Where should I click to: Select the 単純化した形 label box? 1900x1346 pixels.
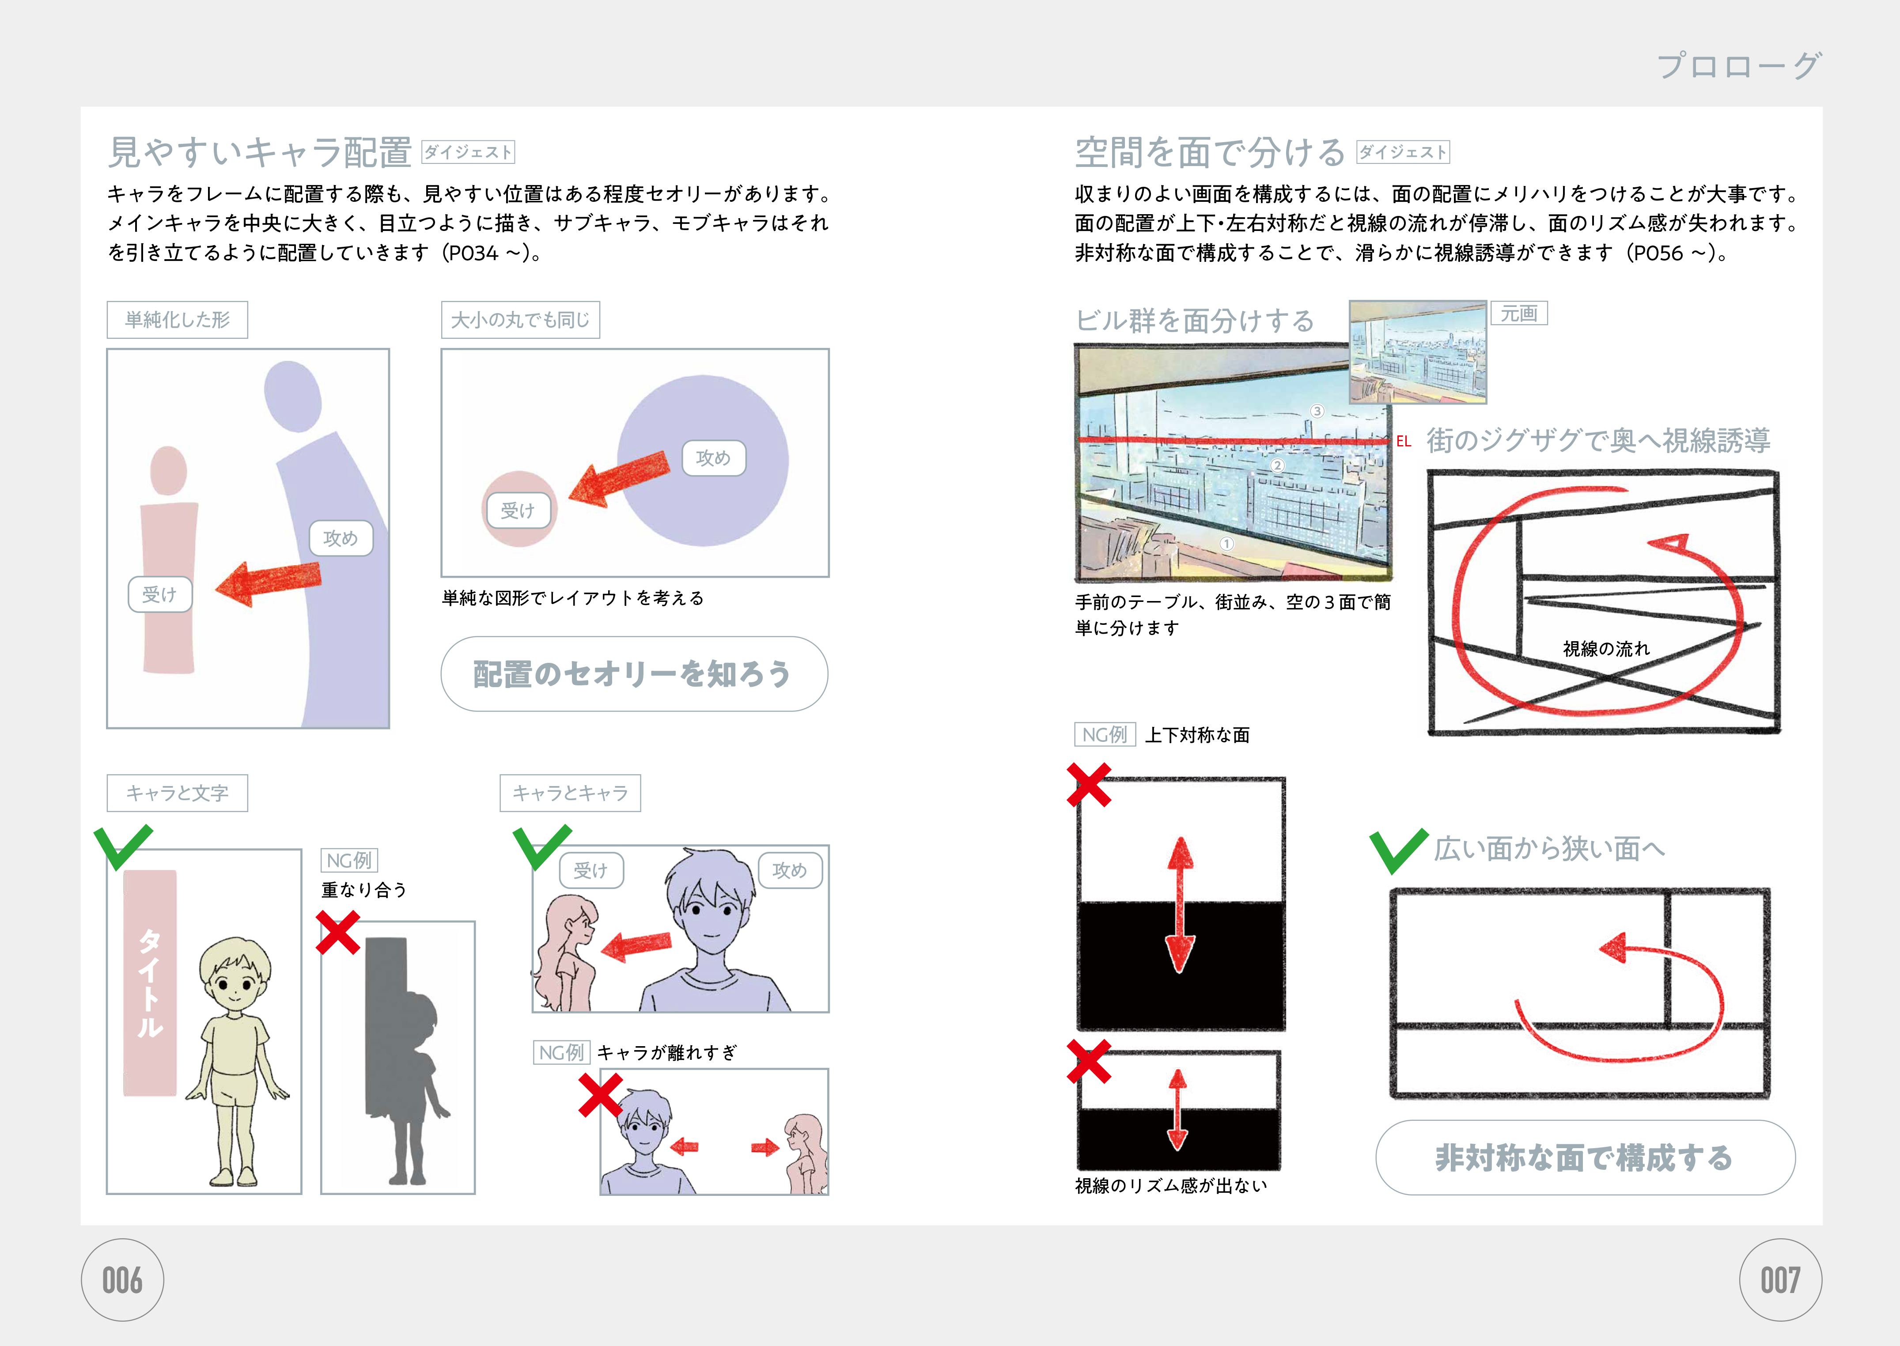click(x=178, y=320)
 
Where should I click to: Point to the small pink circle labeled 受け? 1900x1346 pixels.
click(x=520, y=509)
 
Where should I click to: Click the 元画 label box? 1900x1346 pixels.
click(x=1519, y=313)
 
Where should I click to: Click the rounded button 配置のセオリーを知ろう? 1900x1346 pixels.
click(x=634, y=674)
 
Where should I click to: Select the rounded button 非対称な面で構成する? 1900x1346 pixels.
click(x=1585, y=1158)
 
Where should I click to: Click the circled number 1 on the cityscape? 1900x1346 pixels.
click(x=1227, y=544)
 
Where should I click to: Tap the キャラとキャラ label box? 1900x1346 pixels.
click(x=570, y=793)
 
